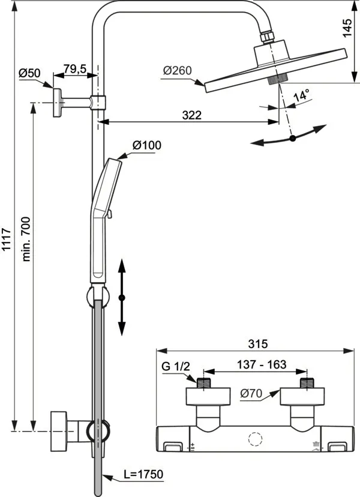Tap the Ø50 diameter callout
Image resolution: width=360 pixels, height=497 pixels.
(29, 73)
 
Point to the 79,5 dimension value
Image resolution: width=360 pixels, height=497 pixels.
(75, 70)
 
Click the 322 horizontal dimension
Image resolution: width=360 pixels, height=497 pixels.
(192, 114)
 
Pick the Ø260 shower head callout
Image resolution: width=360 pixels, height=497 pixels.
(177, 71)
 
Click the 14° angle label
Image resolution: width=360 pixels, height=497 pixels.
(301, 95)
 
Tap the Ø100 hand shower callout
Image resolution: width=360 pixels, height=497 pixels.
(146, 145)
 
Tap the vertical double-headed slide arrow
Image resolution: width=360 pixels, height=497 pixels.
(122, 297)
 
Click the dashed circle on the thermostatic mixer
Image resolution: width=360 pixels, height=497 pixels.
(257, 439)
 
